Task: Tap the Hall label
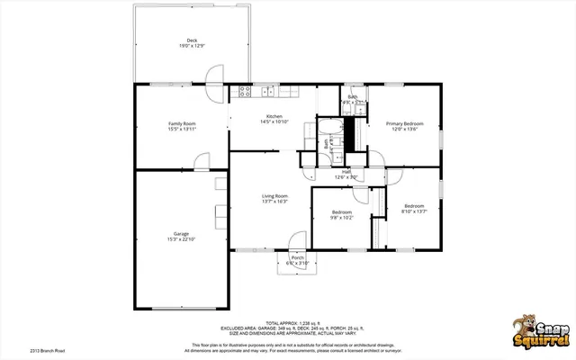tap(346, 172)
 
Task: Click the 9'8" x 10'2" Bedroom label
tap(341, 212)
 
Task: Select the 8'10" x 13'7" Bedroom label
tap(414, 206)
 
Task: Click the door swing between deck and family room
tap(214, 76)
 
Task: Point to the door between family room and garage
tap(202, 161)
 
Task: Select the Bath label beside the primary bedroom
tap(353, 97)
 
